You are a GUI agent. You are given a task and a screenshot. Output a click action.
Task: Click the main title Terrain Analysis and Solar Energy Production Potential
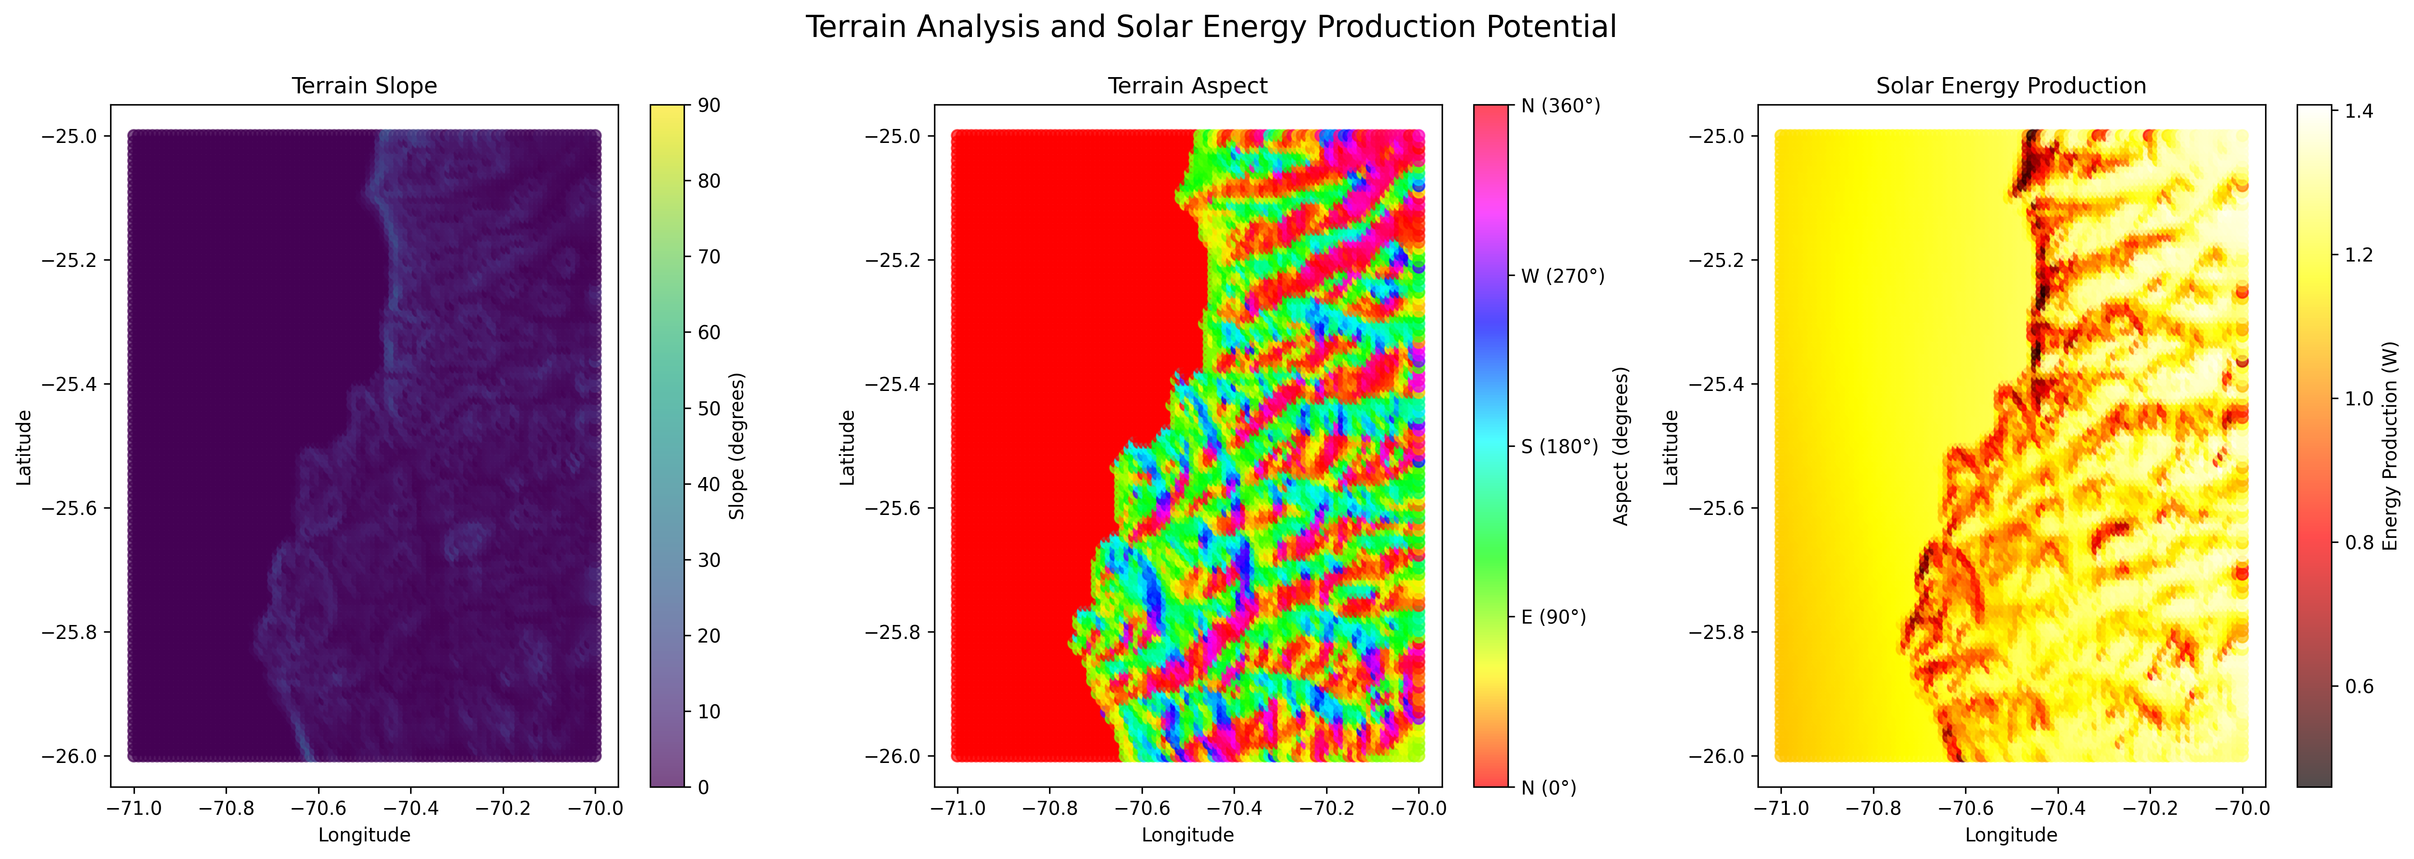click(x=1211, y=27)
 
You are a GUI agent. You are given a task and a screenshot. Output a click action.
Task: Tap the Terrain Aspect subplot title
click(x=1187, y=86)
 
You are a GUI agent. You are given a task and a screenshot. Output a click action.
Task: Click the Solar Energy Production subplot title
click(x=2011, y=86)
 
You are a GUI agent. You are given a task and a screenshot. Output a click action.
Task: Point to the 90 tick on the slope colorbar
click(x=709, y=106)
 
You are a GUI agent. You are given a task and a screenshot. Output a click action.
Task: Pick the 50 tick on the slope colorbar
click(x=709, y=409)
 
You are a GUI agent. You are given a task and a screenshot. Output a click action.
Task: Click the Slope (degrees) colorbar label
click(x=736, y=446)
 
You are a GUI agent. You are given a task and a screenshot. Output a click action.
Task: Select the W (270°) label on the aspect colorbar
click(x=1562, y=276)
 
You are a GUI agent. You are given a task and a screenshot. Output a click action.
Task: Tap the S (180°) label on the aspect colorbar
click(x=1559, y=447)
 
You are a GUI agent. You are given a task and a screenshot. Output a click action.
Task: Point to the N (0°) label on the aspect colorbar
click(x=1548, y=788)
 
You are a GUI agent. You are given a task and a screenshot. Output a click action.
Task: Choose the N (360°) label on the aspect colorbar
click(x=1560, y=106)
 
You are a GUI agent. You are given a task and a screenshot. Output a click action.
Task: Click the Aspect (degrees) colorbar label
click(x=1621, y=446)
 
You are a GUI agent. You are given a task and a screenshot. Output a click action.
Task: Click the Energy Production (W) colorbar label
click(x=2391, y=446)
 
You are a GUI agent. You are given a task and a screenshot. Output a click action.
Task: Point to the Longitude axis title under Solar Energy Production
click(x=2011, y=835)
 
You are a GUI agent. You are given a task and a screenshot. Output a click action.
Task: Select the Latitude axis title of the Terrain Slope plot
click(x=24, y=447)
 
